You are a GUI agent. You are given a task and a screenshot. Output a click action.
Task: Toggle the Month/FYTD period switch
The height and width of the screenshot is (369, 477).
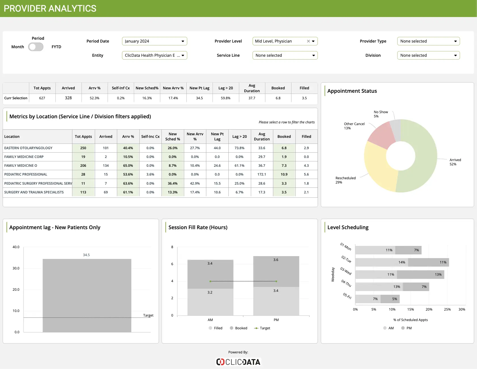click(x=36, y=47)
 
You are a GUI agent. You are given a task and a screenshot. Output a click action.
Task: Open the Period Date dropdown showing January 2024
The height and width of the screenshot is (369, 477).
click(x=154, y=41)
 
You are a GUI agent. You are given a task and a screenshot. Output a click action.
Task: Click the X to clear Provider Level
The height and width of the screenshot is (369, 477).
click(x=308, y=41)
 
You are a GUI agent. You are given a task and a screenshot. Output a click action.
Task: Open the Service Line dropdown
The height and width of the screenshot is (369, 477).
click(x=285, y=55)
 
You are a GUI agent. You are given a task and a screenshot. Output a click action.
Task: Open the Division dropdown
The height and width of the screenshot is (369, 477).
click(x=428, y=55)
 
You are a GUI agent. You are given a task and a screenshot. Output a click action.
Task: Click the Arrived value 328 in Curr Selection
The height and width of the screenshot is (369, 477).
click(x=68, y=98)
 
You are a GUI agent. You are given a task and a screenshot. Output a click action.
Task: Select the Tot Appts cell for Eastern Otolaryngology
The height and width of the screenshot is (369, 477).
click(x=83, y=148)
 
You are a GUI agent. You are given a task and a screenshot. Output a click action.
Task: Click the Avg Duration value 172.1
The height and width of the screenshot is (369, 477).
click(x=262, y=174)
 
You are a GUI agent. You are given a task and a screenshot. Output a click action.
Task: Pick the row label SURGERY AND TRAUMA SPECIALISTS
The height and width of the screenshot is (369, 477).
click(x=34, y=192)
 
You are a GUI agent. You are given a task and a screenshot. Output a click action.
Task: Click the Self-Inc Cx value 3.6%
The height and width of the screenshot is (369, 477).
click(x=150, y=174)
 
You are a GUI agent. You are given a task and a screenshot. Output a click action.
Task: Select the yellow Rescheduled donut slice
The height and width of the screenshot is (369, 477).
click(x=379, y=167)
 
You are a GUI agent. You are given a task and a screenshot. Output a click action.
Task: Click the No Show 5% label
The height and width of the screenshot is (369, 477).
click(x=381, y=114)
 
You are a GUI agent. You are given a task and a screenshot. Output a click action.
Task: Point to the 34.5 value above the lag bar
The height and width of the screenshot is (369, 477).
click(x=86, y=255)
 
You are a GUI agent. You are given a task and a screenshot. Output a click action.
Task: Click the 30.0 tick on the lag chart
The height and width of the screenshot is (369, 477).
click(x=16, y=268)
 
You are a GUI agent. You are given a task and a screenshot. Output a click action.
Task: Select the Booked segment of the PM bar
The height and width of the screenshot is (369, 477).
click(x=276, y=271)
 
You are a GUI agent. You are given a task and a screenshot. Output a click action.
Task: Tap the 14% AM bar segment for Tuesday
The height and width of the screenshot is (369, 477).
click(x=381, y=262)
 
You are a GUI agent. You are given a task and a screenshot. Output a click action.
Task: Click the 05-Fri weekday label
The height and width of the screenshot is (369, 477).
click(x=347, y=296)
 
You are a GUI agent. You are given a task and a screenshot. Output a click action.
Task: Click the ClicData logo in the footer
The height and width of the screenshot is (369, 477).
click(x=238, y=362)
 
